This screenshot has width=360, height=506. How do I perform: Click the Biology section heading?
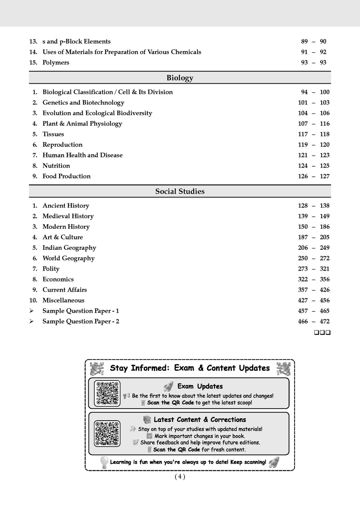(x=180, y=78)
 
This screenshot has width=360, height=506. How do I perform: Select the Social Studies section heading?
(x=180, y=192)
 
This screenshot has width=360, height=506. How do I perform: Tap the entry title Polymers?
(x=56, y=63)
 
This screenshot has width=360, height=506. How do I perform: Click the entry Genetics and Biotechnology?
(x=83, y=103)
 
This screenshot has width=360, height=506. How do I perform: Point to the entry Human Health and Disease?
(x=83, y=155)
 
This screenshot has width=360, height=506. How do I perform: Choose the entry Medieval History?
(x=68, y=216)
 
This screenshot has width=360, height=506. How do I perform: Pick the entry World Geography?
(x=69, y=258)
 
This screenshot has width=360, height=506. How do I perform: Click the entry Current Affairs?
(x=65, y=290)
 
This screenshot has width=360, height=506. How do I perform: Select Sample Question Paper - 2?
(x=81, y=322)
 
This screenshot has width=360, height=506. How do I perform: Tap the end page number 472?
(x=324, y=322)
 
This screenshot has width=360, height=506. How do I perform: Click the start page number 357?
(x=303, y=290)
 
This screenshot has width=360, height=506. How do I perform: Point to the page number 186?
(x=324, y=227)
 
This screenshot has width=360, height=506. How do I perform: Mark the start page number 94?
(x=304, y=92)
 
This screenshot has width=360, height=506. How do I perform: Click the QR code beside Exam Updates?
(x=107, y=394)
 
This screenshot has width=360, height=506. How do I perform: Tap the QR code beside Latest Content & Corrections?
(x=107, y=433)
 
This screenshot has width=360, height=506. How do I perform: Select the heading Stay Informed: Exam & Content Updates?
(x=190, y=368)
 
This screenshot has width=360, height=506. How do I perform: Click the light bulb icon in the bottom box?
(x=104, y=462)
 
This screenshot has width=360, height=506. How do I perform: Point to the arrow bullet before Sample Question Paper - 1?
(x=32, y=311)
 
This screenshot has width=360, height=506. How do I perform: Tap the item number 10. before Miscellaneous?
(x=33, y=300)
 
